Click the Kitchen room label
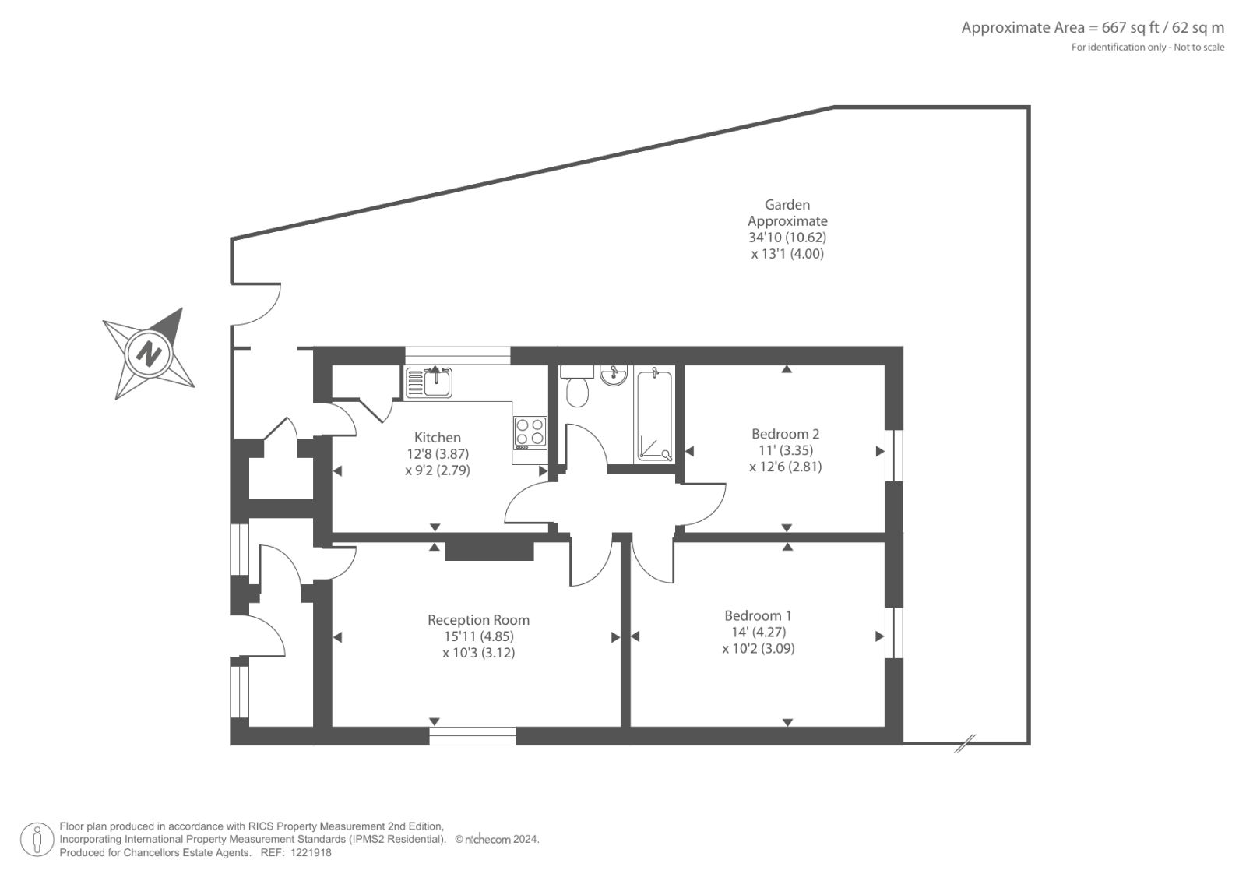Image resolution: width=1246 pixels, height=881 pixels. coord(437,438)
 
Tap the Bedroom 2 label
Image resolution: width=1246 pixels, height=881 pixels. coord(785,434)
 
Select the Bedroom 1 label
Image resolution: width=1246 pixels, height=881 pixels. coord(758,615)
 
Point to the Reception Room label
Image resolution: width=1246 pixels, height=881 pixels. coord(478,620)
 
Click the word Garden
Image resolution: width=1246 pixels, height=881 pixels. coord(787,205)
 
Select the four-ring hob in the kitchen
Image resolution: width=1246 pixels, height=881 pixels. coord(530,433)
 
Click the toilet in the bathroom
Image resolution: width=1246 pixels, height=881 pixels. coord(577,385)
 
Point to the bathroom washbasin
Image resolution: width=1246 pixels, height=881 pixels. coord(614,375)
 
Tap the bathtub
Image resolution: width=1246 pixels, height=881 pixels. coord(654,414)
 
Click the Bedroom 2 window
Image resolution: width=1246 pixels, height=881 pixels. coord(894,455)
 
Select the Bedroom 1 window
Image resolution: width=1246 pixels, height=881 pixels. coord(894,633)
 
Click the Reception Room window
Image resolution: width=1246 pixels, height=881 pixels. coord(473,736)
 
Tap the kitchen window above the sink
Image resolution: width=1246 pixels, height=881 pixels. coord(457,356)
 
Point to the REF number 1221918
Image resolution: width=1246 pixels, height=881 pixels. coord(311,853)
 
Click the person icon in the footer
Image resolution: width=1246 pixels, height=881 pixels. coord(37,839)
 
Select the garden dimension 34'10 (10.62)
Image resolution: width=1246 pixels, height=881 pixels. coord(787,238)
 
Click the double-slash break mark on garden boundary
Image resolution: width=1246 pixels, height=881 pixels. coord(965,743)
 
